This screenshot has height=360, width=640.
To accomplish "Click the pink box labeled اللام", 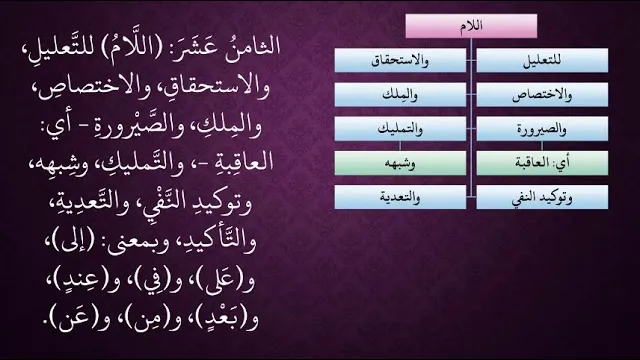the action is [471, 26].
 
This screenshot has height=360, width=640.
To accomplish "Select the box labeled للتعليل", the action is [542, 60].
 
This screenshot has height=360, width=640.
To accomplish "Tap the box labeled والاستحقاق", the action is [400, 60].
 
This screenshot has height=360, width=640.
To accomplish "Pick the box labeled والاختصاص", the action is [542, 94].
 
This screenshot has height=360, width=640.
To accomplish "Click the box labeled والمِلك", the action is [400, 94].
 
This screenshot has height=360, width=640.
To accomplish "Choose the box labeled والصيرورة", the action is [542, 129].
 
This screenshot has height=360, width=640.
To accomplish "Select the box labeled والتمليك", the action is [400, 129].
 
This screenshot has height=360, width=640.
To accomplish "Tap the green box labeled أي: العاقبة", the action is [542, 163].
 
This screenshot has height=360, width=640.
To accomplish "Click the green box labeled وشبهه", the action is [400, 163].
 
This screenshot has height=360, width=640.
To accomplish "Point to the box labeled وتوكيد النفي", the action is [542, 197].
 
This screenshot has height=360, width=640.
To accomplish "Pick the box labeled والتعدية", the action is [400, 197].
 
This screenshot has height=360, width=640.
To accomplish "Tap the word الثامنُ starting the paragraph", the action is [253, 46].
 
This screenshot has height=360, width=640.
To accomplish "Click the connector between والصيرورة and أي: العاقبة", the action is [542, 146].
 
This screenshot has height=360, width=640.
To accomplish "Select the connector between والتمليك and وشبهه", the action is [400, 146].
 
